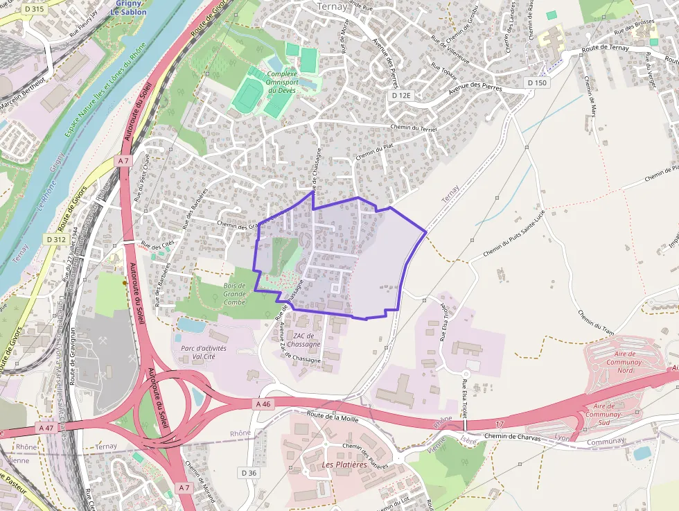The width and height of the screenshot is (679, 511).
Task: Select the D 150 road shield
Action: click(x=537, y=83)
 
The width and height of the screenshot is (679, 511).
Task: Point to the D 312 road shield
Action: click(x=56, y=239)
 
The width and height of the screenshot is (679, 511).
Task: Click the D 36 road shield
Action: click(x=249, y=472)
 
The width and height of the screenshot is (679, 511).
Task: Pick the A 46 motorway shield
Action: click(x=263, y=404)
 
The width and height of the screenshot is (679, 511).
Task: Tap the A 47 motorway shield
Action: click(x=46, y=428)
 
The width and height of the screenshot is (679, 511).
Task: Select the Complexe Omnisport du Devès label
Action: click(x=282, y=82)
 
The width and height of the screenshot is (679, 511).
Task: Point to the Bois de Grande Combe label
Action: click(x=234, y=294)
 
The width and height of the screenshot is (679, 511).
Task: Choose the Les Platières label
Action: click(x=344, y=465)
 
